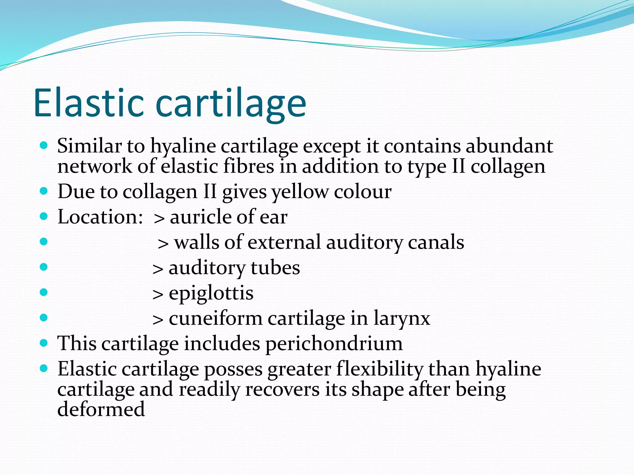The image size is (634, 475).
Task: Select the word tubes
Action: click(275, 267)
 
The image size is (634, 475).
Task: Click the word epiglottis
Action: click(211, 293)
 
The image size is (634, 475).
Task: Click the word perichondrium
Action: click(334, 344)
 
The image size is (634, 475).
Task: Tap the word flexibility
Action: click(379, 369)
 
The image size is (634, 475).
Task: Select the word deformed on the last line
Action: click(101, 409)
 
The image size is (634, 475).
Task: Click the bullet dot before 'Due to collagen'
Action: click(44, 191)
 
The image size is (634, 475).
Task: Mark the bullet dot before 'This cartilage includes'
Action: click(44, 343)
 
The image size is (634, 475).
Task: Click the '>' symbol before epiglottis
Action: click(158, 294)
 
